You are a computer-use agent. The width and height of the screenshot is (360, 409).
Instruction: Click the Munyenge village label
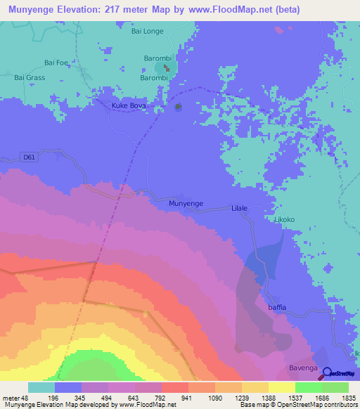pos(186,203)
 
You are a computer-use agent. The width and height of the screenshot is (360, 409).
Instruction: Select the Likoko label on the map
pos(284,220)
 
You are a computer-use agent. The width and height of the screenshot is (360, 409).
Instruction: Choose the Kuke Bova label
pos(127,106)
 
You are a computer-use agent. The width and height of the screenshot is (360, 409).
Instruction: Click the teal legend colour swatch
pos(41,387)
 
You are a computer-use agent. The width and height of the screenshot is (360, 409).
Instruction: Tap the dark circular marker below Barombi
pos(178,107)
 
